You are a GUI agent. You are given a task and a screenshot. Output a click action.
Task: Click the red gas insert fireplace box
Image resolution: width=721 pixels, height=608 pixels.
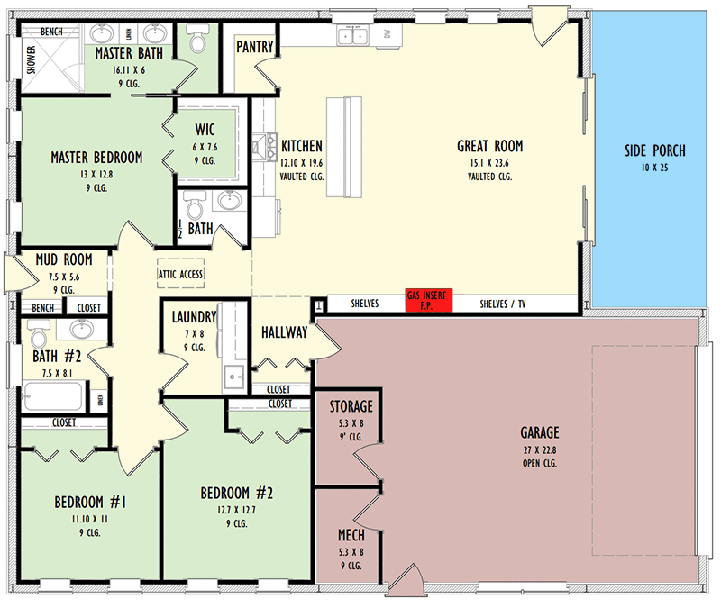tap(428, 300)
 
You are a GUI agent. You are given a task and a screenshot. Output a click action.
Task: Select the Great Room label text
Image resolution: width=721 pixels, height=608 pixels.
tap(489, 146)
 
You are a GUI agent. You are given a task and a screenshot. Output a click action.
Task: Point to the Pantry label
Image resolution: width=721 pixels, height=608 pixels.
tap(255, 47)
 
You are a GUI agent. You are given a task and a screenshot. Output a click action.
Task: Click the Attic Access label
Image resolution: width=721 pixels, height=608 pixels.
tap(181, 275)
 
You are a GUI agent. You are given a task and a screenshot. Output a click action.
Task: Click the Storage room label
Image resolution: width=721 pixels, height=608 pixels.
tap(351, 406)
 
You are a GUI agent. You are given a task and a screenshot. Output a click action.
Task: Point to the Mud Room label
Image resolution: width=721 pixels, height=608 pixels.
tap(64, 260)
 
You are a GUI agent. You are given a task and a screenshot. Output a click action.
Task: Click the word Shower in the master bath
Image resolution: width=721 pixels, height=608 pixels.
tap(30, 60)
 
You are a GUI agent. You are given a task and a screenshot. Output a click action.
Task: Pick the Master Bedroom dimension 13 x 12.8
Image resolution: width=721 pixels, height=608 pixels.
tap(96, 173)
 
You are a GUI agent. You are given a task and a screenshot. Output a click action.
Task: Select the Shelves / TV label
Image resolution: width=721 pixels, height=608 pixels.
tap(503, 304)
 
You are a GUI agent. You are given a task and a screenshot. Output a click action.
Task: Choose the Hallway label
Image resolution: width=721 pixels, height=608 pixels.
tap(285, 332)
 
